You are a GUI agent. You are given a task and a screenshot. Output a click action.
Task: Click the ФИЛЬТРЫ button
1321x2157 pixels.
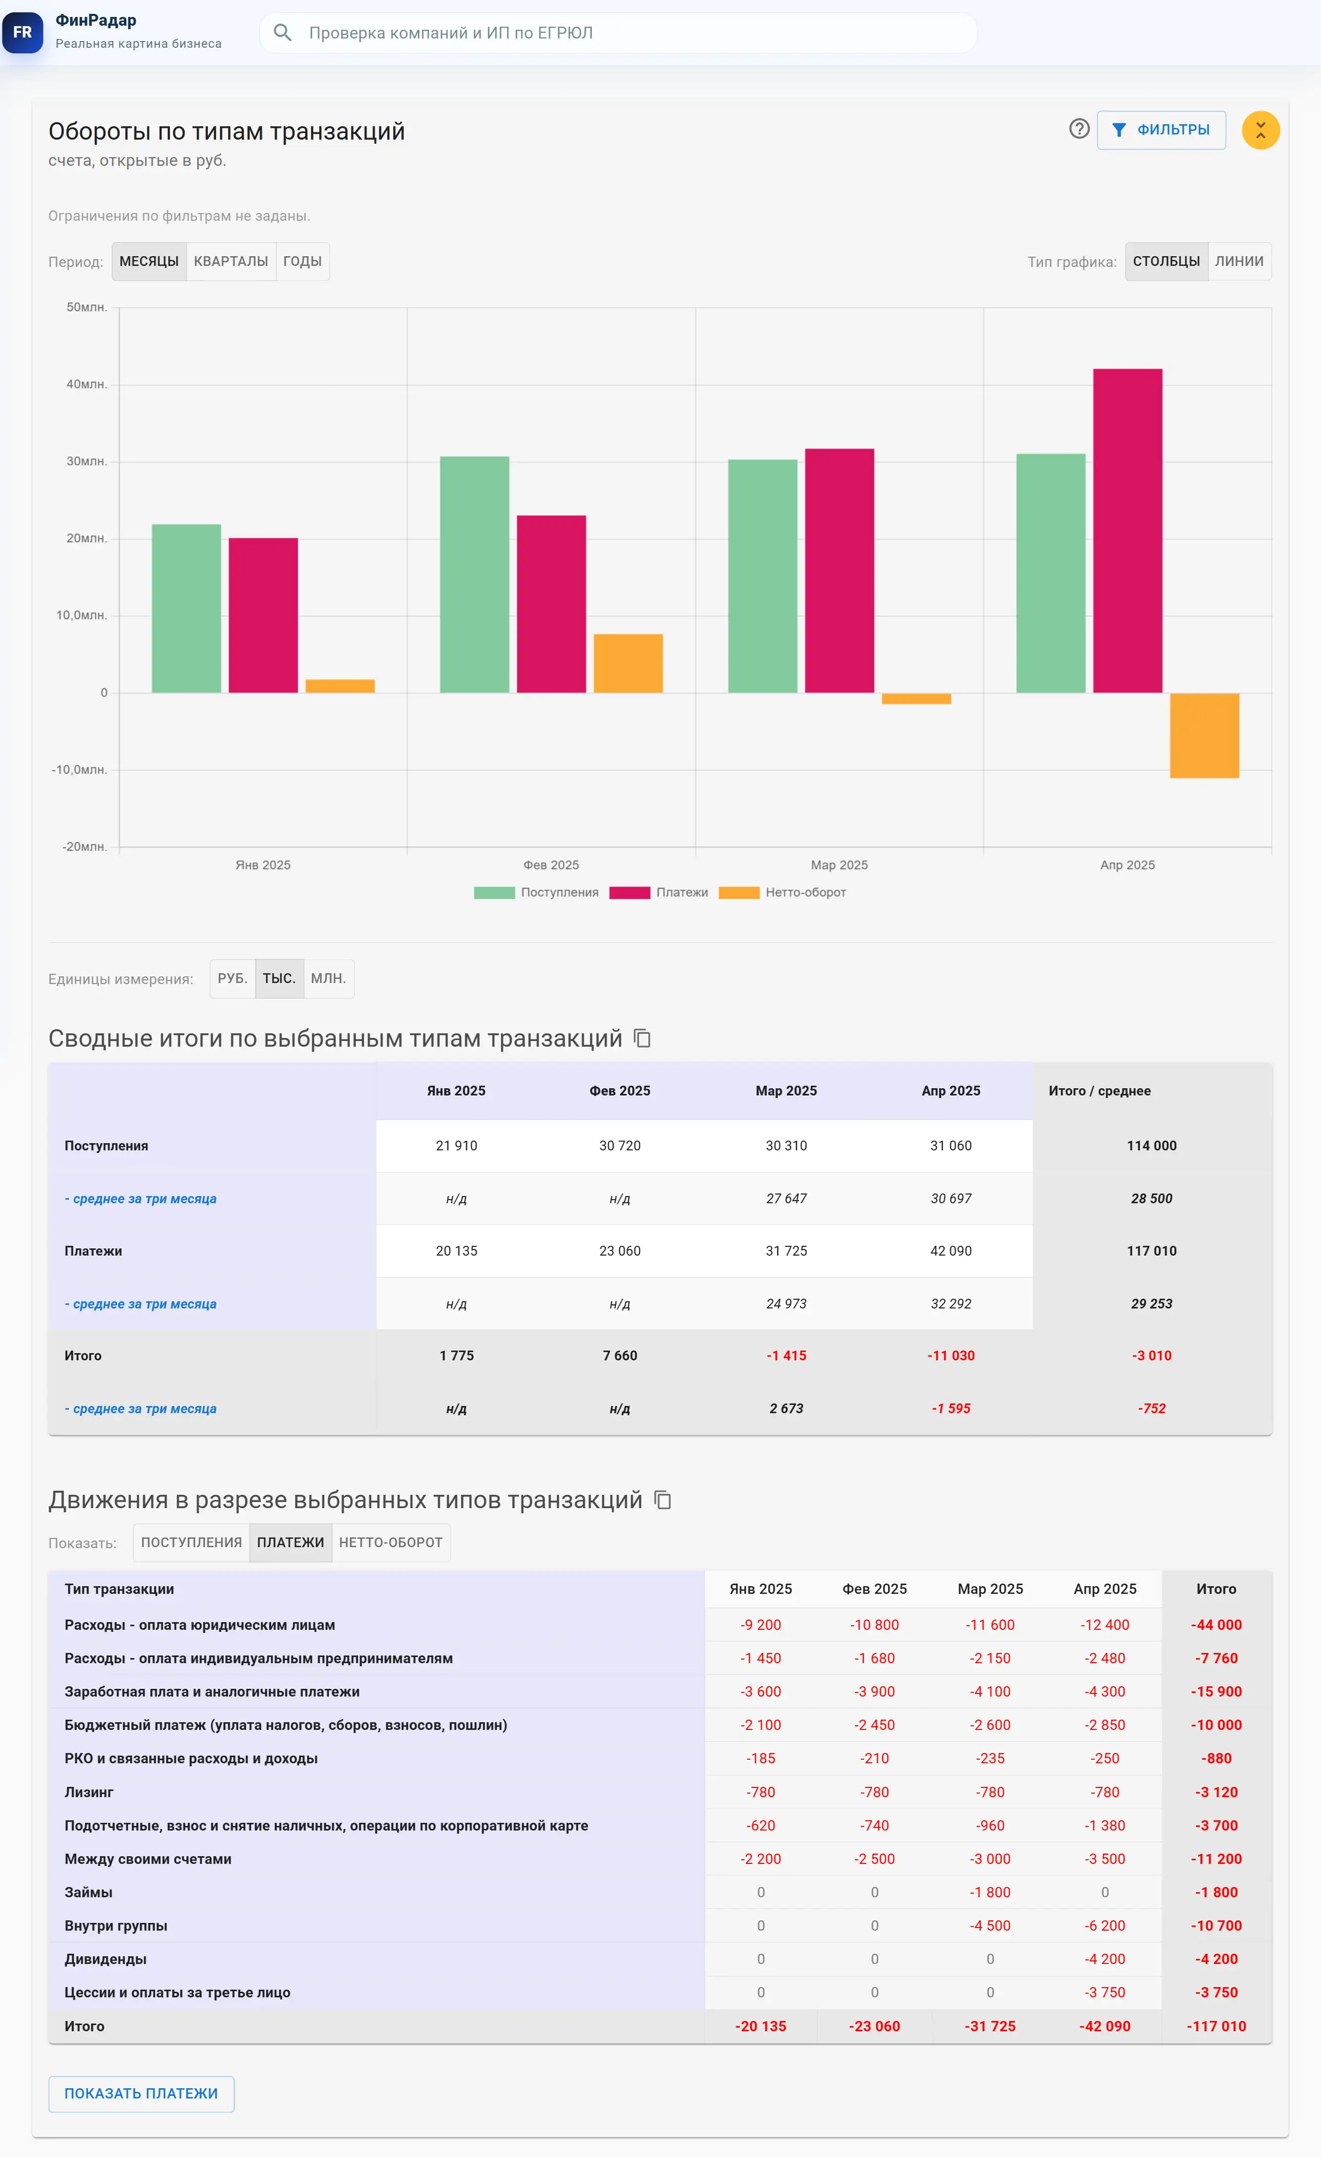coord(1161,129)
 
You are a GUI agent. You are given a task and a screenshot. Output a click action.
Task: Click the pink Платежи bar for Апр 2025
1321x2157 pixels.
coord(1128,530)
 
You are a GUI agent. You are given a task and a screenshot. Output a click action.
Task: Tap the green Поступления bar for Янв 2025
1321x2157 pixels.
coord(186,608)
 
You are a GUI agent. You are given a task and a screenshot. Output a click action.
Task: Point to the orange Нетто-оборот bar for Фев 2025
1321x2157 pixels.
coord(628,663)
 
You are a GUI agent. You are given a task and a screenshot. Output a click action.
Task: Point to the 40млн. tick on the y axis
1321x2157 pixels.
coord(87,384)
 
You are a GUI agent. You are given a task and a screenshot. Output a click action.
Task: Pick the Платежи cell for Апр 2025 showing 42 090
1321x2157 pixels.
coord(950,1251)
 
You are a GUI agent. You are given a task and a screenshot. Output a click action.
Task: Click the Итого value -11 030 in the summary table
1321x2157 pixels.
coord(950,1355)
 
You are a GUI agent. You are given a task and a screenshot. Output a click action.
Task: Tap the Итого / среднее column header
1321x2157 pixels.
coord(1099,1091)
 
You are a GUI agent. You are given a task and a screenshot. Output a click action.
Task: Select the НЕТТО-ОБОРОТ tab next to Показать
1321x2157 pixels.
coord(391,1543)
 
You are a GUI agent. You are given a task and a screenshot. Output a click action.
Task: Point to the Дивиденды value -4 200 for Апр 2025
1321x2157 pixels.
coord(1105,1959)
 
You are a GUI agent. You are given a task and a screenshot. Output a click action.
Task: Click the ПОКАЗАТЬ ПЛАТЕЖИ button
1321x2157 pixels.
coord(141,2094)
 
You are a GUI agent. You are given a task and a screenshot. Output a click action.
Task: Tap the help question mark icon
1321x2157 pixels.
coord(1079,129)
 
